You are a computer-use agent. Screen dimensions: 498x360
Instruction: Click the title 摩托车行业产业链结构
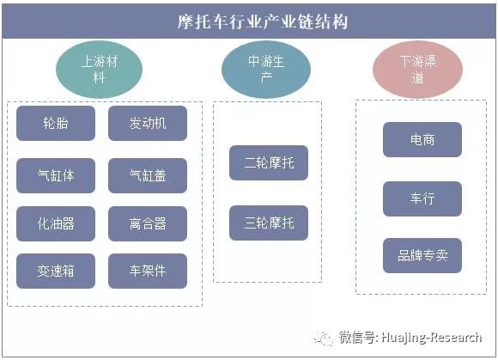(263, 22)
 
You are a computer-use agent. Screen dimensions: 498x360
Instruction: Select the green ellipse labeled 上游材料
(99, 70)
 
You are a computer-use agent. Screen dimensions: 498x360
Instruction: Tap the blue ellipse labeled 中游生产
(266, 70)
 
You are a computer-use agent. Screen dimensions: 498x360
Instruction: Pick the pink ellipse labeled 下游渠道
(417, 70)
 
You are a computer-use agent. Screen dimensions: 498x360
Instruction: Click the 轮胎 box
(56, 123)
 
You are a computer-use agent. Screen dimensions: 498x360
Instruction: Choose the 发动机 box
(148, 123)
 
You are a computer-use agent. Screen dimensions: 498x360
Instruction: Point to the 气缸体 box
(56, 175)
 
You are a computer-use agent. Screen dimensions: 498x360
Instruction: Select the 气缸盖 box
(148, 175)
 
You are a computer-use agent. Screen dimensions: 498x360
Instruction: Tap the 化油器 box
(56, 223)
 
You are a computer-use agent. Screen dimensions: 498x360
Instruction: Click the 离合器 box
(148, 223)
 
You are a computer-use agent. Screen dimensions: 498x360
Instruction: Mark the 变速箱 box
(56, 271)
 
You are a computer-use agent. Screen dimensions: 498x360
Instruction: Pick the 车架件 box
(148, 271)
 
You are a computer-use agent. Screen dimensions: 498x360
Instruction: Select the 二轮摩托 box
(269, 162)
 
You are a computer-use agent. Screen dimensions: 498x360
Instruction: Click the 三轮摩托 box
(269, 223)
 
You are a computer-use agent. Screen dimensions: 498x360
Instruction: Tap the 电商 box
(422, 139)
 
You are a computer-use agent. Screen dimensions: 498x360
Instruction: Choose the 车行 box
(422, 199)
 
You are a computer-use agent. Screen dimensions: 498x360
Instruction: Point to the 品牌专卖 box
(422, 255)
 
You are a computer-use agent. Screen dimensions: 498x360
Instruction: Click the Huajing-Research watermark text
(432, 338)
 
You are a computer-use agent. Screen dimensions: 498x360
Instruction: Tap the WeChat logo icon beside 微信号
(324, 339)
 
